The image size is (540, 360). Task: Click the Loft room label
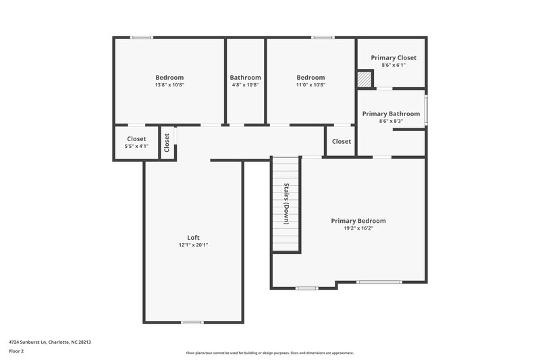[x=193, y=238]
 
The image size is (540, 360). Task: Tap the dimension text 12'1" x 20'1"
[x=193, y=245]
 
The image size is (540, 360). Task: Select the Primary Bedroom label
[x=358, y=221]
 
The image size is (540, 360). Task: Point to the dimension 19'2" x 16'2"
[x=358, y=228]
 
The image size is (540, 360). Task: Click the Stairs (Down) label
[x=286, y=203]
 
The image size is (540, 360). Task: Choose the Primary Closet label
[x=394, y=58]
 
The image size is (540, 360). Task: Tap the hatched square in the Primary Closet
[x=364, y=80]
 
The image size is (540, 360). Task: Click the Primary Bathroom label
[x=391, y=113]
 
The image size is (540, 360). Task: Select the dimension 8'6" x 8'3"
[x=391, y=121]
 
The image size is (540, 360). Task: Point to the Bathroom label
[x=244, y=78]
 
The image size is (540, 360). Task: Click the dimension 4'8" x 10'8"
[x=244, y=85]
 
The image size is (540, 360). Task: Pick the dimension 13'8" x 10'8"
[x=169, y=85]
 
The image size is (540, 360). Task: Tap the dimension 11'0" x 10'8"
[x=310, y=85]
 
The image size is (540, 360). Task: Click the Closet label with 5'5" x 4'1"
[x=137, y=139]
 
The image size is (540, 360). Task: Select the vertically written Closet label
[x=167, y=143]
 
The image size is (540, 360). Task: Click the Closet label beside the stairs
[x=342, y=142]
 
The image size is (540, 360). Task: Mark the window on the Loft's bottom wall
[x=192, y=322]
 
